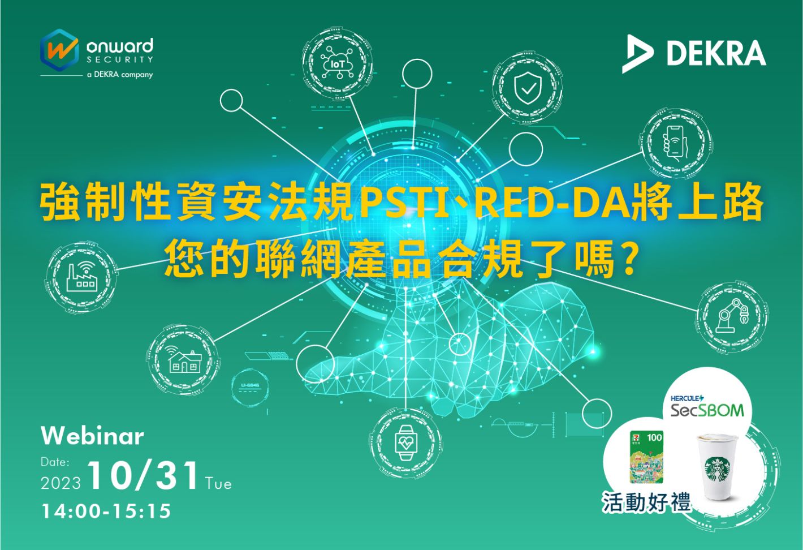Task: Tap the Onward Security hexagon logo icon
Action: (59, 50)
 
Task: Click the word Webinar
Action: (92, 436)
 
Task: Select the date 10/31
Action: (144, 476)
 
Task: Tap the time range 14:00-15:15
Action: (106, 511)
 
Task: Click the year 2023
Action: (61, 483)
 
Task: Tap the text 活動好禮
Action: (646, 502)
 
